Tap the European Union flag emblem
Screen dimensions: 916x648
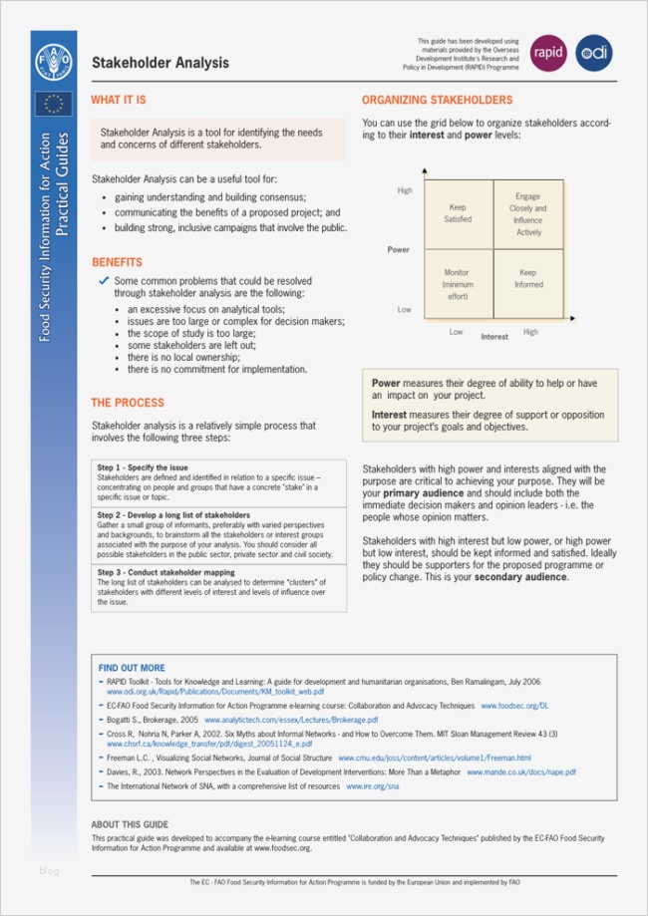[x=53, y=104]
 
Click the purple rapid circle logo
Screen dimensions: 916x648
[x=547, y=53]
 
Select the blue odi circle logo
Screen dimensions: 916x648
[x=593, y=53]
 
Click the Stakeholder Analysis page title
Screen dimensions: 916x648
[x=161, y=63]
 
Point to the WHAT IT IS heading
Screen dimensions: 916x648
[x=118, y=101]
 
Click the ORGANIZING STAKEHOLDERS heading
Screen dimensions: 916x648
[x=437, y=101]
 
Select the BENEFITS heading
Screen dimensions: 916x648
[x=117, y=263]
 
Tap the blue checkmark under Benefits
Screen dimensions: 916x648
[x=104, y=282]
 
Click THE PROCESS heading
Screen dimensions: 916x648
[x=128, y=403]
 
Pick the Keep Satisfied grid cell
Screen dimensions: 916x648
[x=457, y=213]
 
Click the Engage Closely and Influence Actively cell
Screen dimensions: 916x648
[x=527, y=214]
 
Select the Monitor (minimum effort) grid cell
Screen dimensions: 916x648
[x=457, y=284]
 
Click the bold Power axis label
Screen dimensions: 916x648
[x=398, y=249]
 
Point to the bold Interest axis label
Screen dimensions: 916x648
[x=494, y=337]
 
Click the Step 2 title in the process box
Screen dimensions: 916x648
[x=173, y=515]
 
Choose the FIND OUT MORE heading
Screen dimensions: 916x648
[x=132, y=668]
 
